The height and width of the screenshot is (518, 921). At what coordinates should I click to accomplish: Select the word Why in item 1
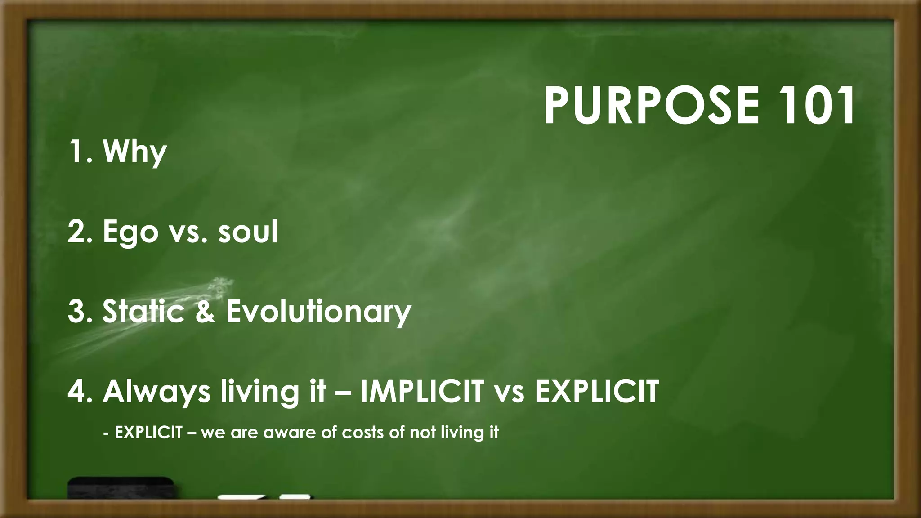pos(135,152)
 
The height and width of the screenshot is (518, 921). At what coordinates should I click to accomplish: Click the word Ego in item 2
pos(130,232)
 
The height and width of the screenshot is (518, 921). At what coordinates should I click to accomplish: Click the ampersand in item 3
pos(205,311)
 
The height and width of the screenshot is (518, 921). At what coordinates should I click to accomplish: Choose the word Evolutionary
pos(318,312)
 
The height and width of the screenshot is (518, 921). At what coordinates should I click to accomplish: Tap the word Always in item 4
pos(156,392)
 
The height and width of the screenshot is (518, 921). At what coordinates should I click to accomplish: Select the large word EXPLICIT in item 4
pos(597,391)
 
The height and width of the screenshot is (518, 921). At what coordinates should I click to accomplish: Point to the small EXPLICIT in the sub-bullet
pos(148,433)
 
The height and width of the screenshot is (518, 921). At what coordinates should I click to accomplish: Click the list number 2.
pos(77,232)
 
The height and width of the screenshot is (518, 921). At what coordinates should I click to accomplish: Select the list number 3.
pos(77,311)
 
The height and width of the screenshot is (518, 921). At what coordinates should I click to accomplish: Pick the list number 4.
pos(77,391)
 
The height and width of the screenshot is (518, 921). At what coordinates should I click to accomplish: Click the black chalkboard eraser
pos(121,488)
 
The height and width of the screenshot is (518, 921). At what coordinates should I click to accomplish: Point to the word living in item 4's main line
pos(259,392)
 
